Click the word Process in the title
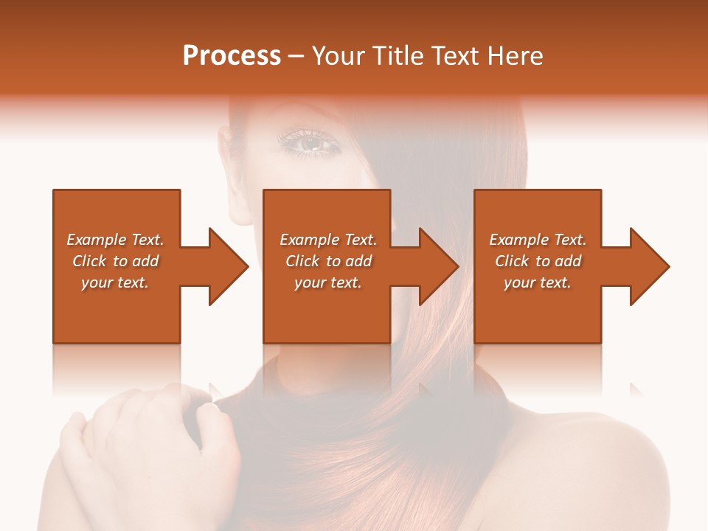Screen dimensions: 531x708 pyautogui.click(x=232, y=56)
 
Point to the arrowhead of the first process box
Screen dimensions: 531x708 pyautogui.click(x=229, y=266)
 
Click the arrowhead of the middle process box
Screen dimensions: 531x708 pyautogui.click(x=440, y=266)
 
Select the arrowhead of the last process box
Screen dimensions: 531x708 pyautogui.click(x=650, y=266)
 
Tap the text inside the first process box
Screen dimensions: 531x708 pyautogui.click(x=115, y=261)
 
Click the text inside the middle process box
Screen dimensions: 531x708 pyautogui.click(x=328, y=261)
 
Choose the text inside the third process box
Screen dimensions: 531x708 pyautogui.click(x=537, y=261)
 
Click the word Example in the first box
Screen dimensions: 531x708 pyautogui.click(x=96, y=240)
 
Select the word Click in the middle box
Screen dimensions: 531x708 pyautogui.click(x=302, y=261)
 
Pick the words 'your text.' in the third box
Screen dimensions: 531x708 pyautogui.click(x=537, y=282)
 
